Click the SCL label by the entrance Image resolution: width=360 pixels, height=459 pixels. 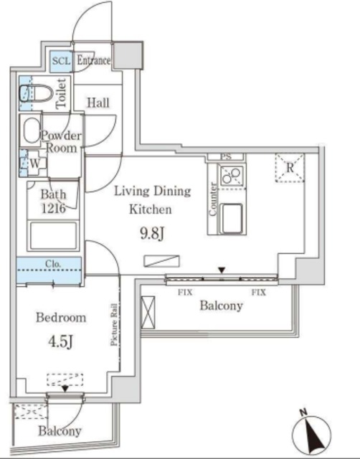61,61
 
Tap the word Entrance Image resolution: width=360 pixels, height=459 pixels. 93,61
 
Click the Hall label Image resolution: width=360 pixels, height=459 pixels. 98,103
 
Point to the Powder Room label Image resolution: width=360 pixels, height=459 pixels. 61,141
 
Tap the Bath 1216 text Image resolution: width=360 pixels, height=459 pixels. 53,200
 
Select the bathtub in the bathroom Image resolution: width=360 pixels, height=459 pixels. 52,235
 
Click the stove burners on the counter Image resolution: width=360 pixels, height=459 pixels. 232,176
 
